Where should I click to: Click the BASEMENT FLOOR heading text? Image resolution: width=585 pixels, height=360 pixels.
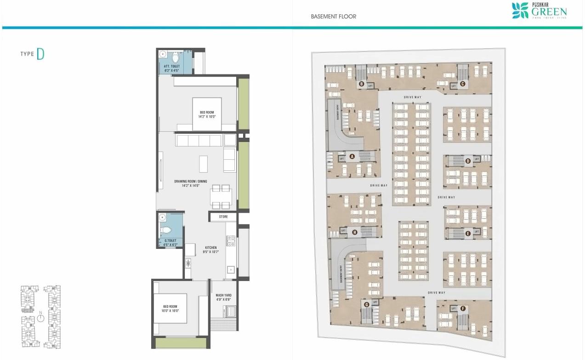click(x=333, y=17)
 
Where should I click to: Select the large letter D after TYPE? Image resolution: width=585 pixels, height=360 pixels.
click(x=40, y=54)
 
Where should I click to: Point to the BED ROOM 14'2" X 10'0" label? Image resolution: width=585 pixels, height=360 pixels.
click(x=206, y=114)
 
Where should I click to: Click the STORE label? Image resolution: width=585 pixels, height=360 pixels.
click(x=223, y=216)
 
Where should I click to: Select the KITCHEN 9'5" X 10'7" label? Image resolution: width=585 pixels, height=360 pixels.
click(x=211, y=250)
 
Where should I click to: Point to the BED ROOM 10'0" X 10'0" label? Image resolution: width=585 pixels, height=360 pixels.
click(x=170, y=309)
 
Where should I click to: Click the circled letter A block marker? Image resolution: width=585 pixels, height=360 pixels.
click(x=352, y=156)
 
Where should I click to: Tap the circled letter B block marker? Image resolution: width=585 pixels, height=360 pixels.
click(x=362, y=84)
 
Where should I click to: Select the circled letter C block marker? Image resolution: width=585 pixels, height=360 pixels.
click(x=463, y=84)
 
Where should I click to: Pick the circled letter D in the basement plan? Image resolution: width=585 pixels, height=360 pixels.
click(x=468, y=161)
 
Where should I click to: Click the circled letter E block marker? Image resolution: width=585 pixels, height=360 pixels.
click(x=468, y=233)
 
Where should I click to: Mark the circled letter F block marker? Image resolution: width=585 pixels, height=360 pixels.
click(x=463, y=309)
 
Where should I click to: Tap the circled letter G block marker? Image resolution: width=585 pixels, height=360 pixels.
click(x=366, y=304)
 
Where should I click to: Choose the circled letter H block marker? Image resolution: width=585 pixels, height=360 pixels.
click(x=354, y=232)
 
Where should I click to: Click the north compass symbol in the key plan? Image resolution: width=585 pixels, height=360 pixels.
click(x=40, y=316)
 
